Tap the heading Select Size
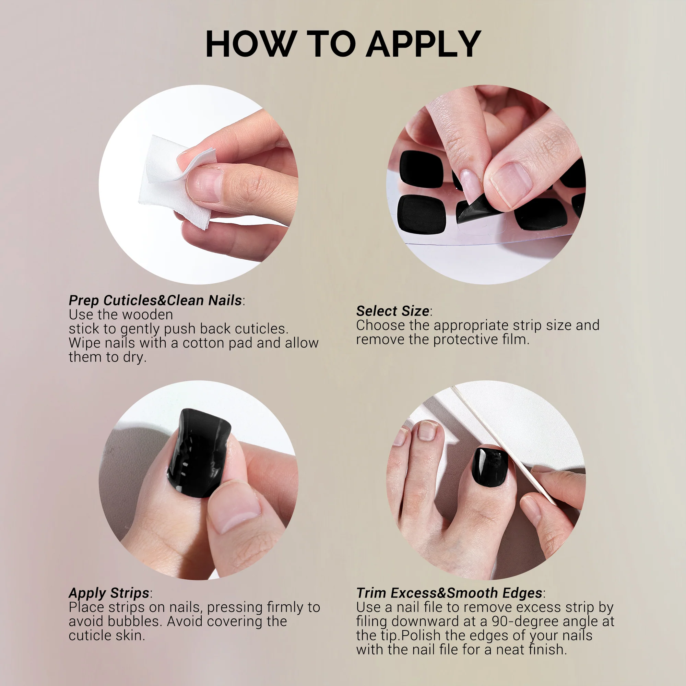[393, 311]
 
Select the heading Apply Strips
[109, 593]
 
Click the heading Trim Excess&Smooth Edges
[449, 593]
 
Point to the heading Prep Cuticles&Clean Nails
[155, 300]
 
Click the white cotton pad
[176, 181]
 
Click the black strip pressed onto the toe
[199, 453]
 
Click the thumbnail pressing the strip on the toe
[235, 506]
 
